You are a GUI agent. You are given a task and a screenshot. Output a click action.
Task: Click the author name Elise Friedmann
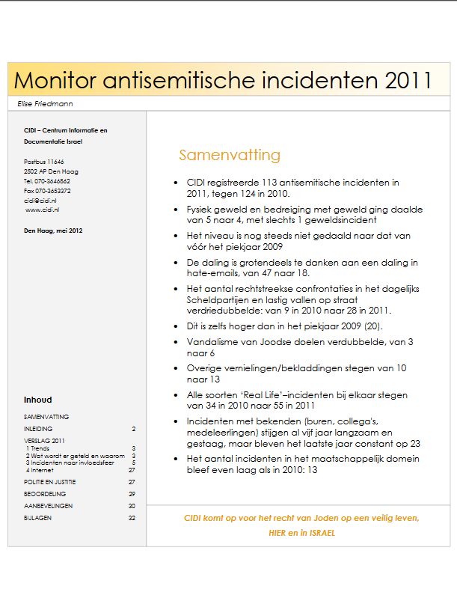(45, 103)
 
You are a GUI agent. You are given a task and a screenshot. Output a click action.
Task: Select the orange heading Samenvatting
(230, 156)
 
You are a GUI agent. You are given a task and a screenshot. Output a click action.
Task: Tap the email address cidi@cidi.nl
(40, 201)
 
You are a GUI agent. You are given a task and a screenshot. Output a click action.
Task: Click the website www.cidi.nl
(42, 210)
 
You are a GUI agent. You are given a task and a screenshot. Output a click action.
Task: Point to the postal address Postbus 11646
(44, 162)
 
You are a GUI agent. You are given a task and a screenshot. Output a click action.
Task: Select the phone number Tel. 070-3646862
(47, 181)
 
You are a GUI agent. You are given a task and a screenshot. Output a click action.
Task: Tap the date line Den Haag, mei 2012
(53, 231)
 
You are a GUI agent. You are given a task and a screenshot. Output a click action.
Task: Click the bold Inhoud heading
(38, 400)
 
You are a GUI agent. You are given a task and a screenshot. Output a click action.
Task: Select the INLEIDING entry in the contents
(38, 429)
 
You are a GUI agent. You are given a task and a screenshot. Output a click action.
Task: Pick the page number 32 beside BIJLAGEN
(132, 518)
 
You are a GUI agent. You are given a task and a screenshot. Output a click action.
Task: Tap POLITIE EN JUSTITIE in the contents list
(50, 482)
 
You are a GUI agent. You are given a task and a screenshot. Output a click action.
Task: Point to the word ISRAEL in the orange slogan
(319, 534)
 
